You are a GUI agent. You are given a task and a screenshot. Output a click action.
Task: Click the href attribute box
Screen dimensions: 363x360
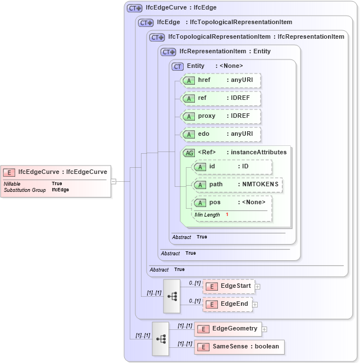tap(221, 80)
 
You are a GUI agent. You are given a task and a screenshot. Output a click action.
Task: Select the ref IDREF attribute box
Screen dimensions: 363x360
tap(221, 98)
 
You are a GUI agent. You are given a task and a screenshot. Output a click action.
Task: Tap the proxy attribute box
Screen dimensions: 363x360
tap(221, 116)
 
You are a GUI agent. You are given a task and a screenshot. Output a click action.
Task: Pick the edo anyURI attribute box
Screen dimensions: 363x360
tap(221, 134)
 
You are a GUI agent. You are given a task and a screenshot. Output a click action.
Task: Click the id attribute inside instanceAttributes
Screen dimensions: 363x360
tap(231, 167)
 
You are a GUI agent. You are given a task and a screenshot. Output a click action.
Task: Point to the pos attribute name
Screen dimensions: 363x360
tap(215, 203)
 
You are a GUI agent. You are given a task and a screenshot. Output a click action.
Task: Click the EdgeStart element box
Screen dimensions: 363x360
tap(229, 286)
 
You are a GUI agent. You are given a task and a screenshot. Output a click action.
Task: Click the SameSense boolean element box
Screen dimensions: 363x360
tap(239, 347)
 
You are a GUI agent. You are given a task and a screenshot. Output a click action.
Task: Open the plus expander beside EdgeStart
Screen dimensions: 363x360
tap(257, 286)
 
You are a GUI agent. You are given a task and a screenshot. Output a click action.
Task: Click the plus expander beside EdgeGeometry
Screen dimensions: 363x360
tap(264, 329)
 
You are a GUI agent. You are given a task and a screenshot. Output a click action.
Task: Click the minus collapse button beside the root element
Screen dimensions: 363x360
tap(113, 181)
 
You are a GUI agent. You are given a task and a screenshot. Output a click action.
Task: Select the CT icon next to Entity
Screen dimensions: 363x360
tap(178, 66)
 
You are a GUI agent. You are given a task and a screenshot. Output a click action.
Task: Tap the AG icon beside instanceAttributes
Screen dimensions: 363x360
tap(189, 153)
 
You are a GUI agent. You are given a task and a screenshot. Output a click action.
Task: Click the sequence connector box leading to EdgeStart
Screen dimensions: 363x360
tap(172, 296)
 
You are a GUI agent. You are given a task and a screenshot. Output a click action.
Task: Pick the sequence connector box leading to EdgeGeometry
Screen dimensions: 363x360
tap(161, 338)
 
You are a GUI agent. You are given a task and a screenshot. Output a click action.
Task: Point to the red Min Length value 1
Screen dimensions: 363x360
tap(227, 215)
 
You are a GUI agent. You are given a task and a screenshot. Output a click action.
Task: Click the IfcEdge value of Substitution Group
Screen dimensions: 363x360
tap(60, 190)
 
